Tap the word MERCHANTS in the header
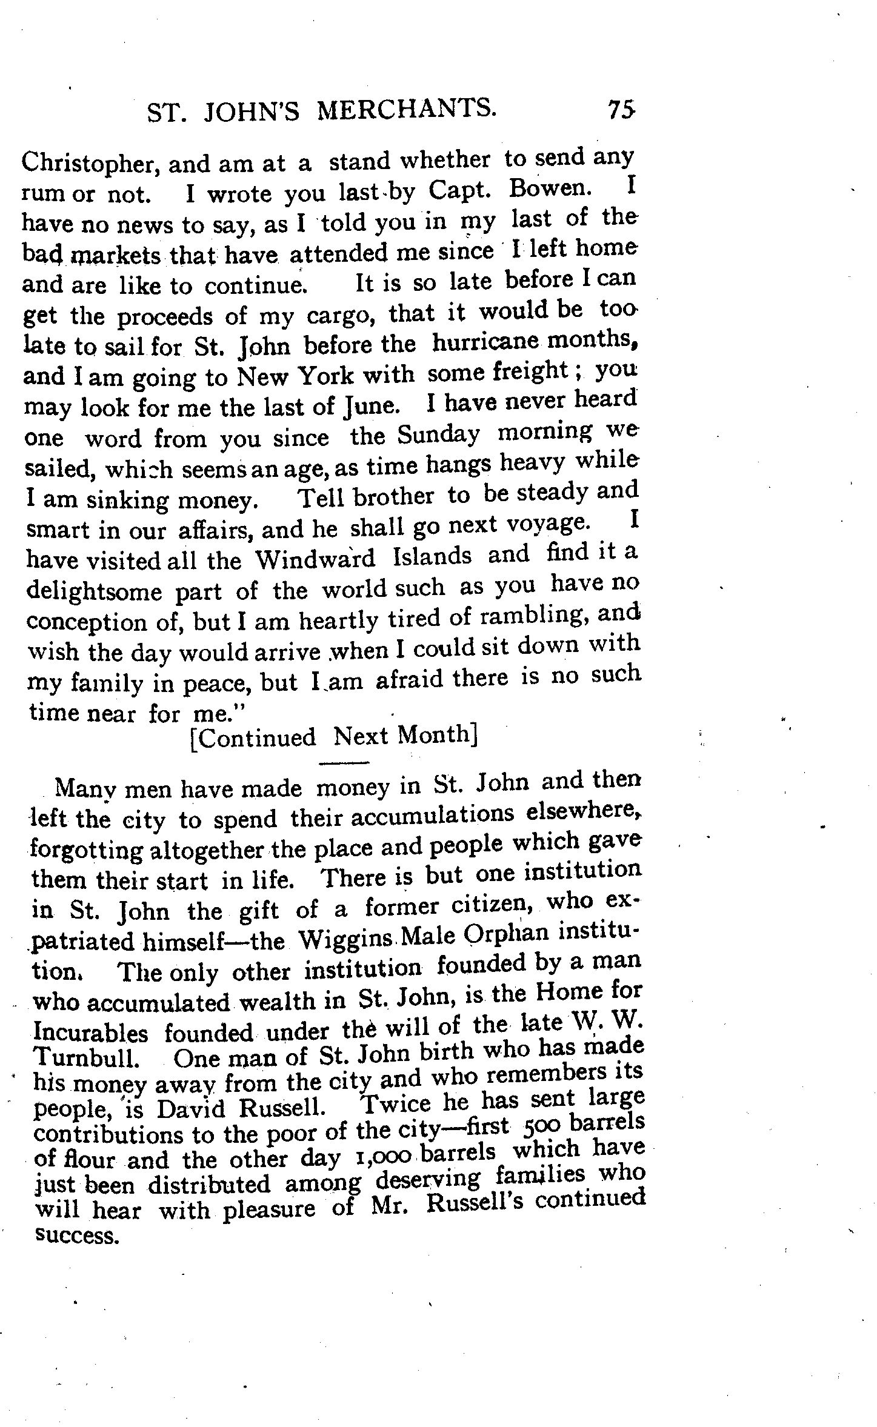407,110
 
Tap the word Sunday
438,434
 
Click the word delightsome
94,591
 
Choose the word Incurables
91,1032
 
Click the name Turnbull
86,1058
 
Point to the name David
191,1108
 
